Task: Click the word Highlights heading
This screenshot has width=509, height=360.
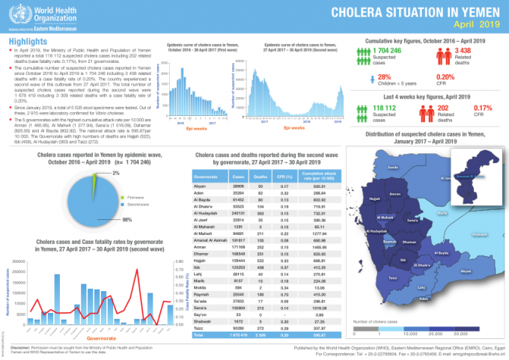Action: click(x=28, y=40)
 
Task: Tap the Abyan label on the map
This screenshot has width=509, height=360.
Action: click(x=466, y=271)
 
